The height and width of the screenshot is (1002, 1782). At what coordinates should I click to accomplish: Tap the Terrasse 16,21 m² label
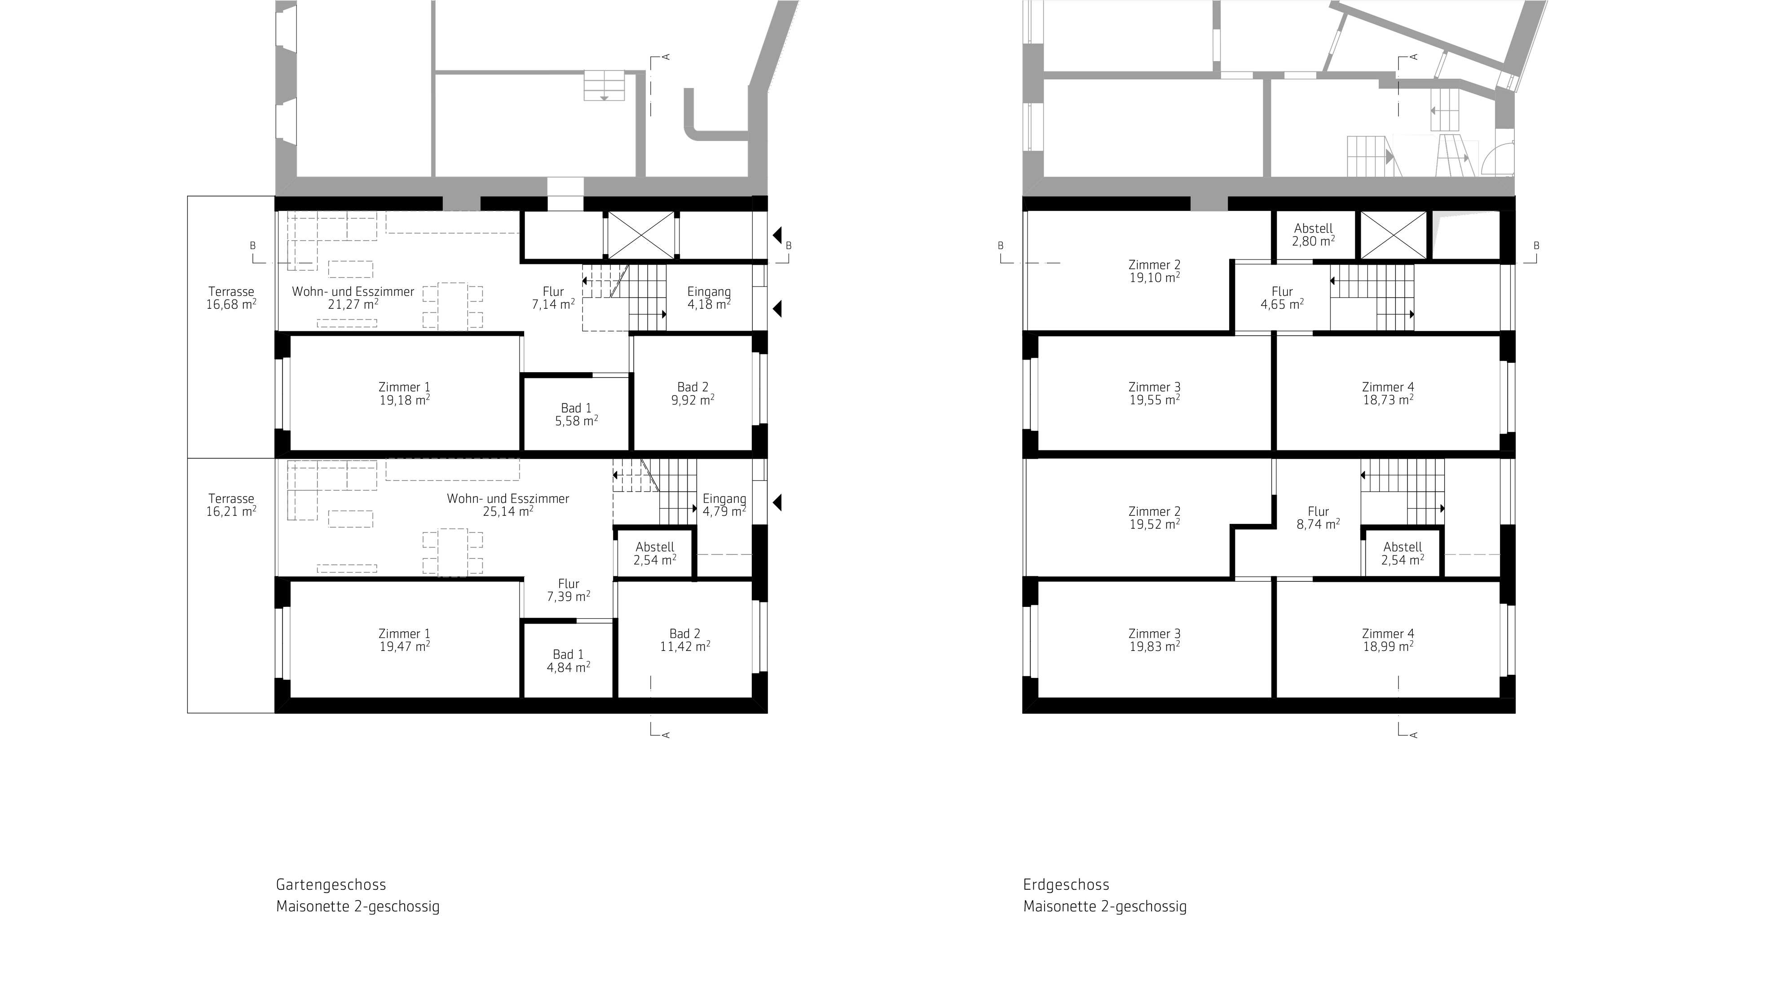coord(231,505)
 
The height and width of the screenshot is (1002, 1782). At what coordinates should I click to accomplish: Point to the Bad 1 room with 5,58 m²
coord(576,415)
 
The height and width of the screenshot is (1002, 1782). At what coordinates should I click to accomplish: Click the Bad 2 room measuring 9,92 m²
coord(693,393)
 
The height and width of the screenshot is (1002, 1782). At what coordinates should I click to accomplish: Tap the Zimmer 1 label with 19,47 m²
coord(404,640)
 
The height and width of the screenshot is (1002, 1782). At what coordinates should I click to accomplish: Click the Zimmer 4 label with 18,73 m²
coord(1388,393)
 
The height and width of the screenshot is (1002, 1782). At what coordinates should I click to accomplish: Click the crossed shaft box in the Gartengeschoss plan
coord(640,236)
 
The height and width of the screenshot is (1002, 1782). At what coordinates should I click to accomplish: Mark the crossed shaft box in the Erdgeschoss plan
coord(1393,236)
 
